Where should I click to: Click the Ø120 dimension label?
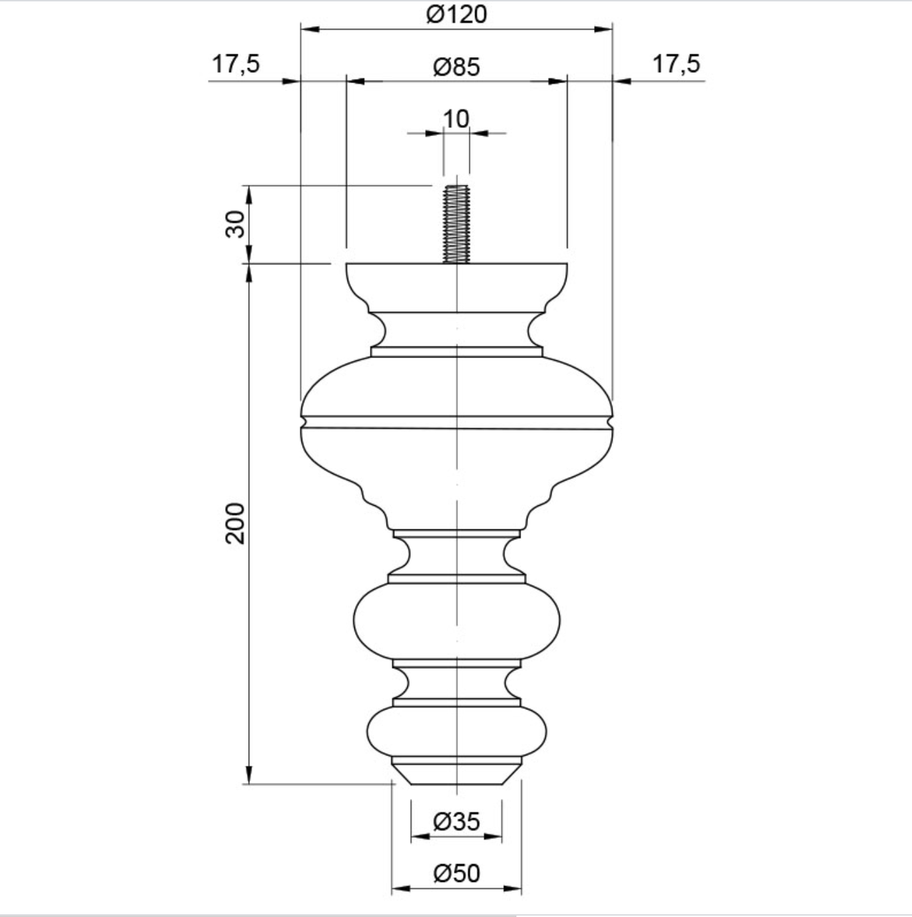[457, 15]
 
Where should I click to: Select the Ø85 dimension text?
[457, 67]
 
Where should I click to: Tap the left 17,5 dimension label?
[236, 64]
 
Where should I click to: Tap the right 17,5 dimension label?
[676, 64]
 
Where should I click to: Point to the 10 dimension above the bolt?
[456, 119]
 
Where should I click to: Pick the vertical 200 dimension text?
[235, 524]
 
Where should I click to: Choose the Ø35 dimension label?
[457, 822]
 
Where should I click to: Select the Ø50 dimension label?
[457, 874]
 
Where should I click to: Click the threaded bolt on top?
[457, 224]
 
